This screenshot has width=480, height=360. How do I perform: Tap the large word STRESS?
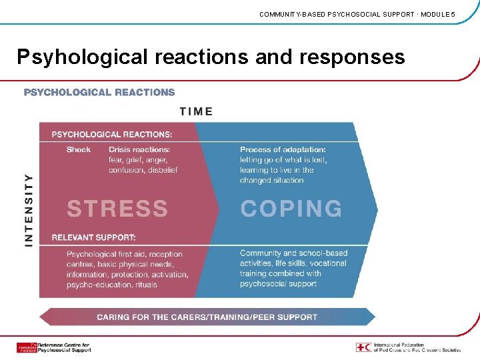(x=117, y=209)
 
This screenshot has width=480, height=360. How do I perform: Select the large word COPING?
(x=291, y=209)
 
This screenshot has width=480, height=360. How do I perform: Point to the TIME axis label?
(x=196, y=111)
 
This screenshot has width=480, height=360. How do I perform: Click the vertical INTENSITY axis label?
(x=29, y=210)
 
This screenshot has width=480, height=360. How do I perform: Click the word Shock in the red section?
(x=79, y=149)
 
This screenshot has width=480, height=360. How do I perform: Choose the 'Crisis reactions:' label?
(x=139, y=149)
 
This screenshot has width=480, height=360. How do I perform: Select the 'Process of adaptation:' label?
(x=283, y=149)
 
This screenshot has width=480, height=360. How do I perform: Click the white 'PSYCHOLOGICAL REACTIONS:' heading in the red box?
(x=112, y=134)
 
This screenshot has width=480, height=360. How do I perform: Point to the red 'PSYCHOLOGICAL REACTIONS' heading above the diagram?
(x=99, y=92)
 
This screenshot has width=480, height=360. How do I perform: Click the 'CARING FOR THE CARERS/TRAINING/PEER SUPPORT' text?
(x=207, y=317)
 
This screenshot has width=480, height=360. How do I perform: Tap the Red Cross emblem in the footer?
(x=361, y=347)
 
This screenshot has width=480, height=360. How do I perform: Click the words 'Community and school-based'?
(x=293, y=253)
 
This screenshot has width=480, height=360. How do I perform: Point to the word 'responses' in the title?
(x=352, y=57)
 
